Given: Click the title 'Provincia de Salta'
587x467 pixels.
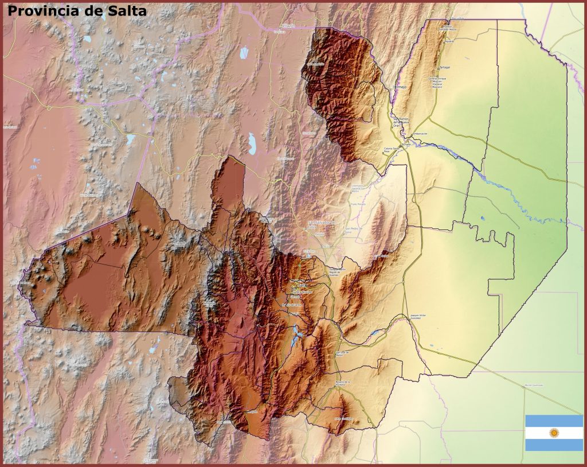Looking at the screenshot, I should [77, 10].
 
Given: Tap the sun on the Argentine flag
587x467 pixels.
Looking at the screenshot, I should [554, 433].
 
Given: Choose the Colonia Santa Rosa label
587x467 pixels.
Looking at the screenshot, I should [392, 150].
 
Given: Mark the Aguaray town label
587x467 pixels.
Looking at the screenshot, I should [449, 41].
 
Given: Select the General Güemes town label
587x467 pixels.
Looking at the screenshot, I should [338, 271].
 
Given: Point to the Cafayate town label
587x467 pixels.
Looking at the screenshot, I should [253, 411].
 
